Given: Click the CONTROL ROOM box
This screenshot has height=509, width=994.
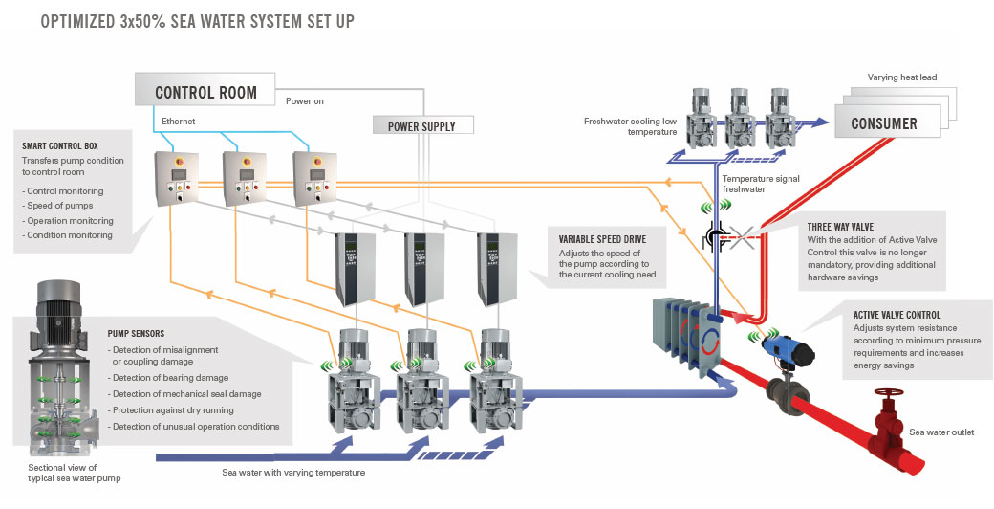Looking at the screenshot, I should [x=206, y=93].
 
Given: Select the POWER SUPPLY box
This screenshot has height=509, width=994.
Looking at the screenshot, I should [x=421, y=126].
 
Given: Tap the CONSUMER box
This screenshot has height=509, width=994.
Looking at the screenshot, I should [x=884, y=123].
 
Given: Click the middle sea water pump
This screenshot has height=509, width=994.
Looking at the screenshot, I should [x=417, y=383].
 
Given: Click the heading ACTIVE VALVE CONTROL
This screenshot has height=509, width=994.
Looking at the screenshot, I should [x=897, y=314].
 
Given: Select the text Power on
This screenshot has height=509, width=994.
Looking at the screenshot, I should [x=307, y=100].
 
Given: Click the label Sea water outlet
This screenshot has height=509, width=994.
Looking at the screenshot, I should [x=941, y=432].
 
